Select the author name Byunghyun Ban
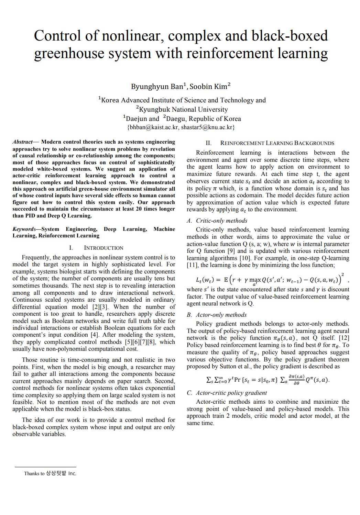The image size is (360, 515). pyautogui.click(x=158, y=86)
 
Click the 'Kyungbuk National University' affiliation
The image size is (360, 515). pyautogui.click(x=183, y=110)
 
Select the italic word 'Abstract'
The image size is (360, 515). pyautogui.click(x=22, y=142)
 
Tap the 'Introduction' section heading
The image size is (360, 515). pyautogui.click(x=103, y=248)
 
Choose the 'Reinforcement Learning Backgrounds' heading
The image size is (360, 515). pyautogui.click(x=277, y=143)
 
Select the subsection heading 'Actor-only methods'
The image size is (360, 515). pyautogui.click(x=221, y=315)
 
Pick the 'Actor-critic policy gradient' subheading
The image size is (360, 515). pyautogui.click(x=231, y=393)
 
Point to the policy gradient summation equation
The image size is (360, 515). pyautogui.click(x=267, y=380)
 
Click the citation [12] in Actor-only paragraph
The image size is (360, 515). pyautogui.click(x=343, y=338)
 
